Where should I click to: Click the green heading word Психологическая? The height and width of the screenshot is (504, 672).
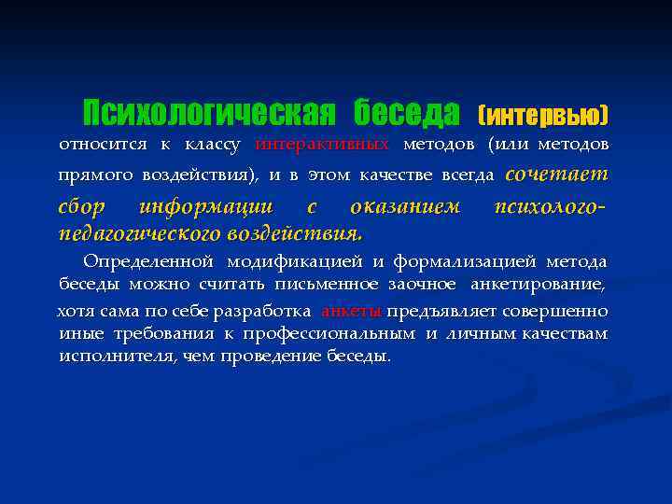coord(208,113)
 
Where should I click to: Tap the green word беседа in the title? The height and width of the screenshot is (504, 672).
coord(406,113)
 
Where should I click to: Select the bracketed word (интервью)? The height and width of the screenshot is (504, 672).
coord(542,116)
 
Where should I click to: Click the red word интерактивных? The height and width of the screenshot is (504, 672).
coord(322,145)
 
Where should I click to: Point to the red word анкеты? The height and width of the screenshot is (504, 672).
coord(351,311)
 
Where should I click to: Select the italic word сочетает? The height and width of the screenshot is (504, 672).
coord(556,174)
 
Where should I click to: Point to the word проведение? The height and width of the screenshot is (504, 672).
coord(279,356)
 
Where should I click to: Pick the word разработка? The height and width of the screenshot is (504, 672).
coord(269,311)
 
